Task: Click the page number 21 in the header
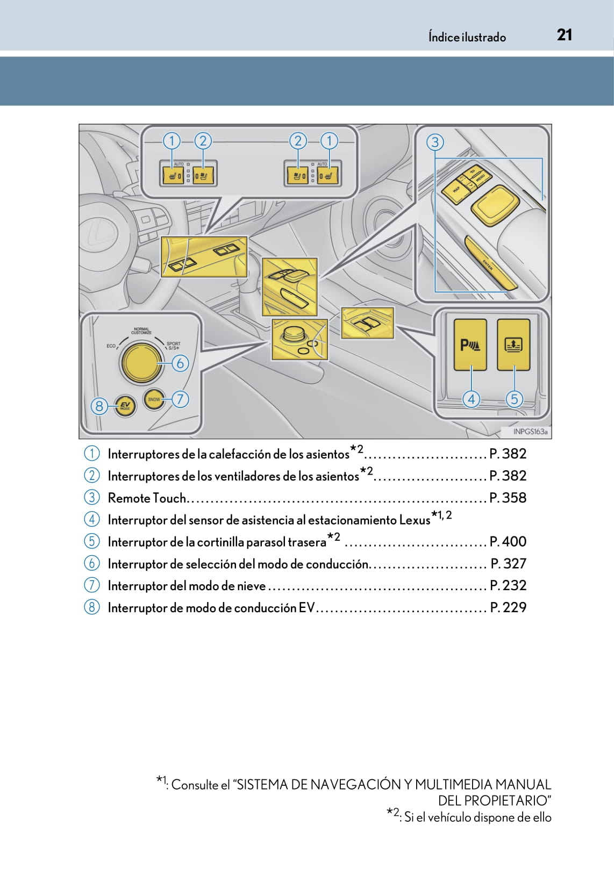[x=564, y=35]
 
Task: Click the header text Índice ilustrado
[x=467, y=37]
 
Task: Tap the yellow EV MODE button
[x=125, y=406]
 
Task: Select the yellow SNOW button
[x=154, y=399]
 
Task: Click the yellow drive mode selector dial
[x=141, y=362]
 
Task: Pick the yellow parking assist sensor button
[x=470, y=345]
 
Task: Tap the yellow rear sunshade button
[x=513, y=345]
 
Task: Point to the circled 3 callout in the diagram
[x=435, y=142]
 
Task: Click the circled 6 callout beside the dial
[x=180, y=363]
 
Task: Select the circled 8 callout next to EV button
[x=99, y=406]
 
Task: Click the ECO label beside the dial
[x=111, y=346]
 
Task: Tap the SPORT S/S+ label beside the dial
[x=173, y=346]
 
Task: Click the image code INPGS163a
[x=530, y=432]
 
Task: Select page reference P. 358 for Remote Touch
[x=508, y=498]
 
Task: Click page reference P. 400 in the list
[x=508, y=541]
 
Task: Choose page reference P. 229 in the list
[x=508, y=607]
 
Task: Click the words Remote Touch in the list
[x=146, y=498]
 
